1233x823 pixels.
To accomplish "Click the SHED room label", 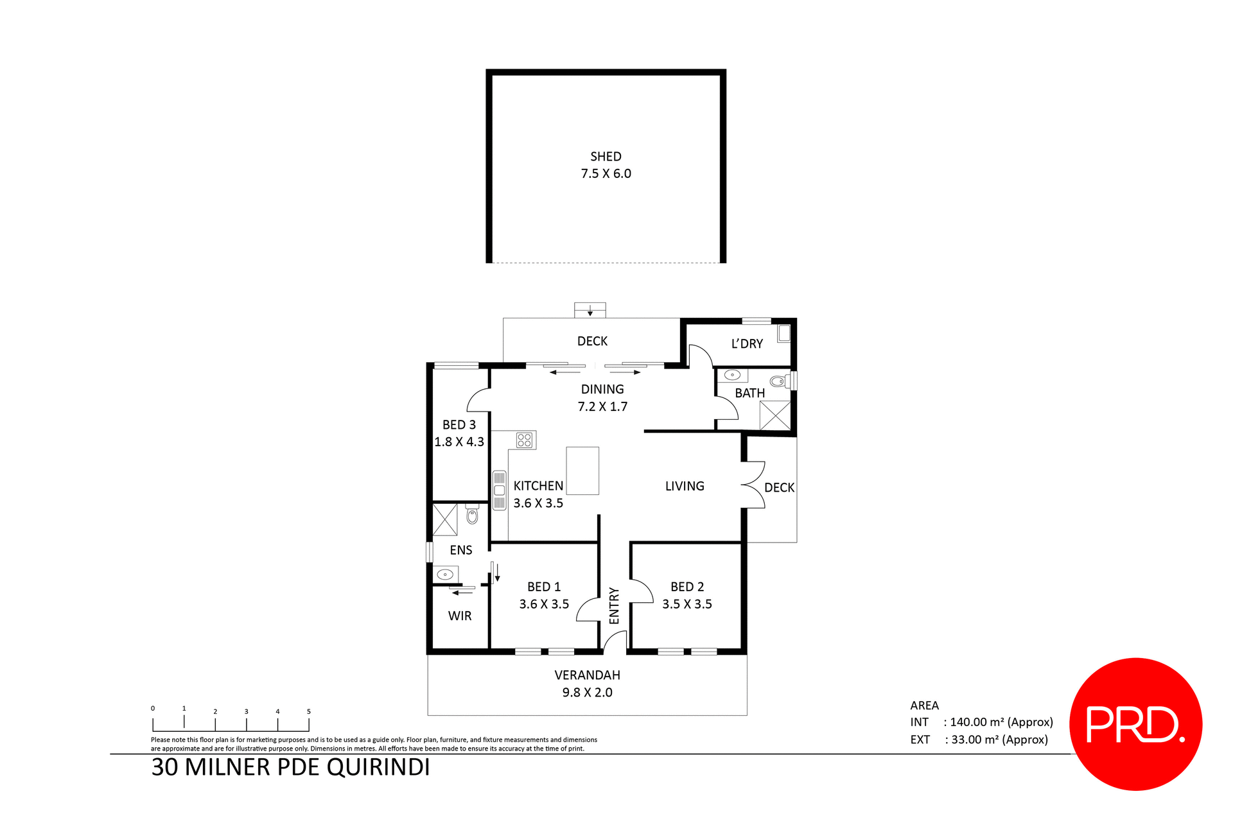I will point(606,157).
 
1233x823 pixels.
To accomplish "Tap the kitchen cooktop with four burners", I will point(525,440).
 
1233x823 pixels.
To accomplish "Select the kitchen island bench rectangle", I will point(582,471).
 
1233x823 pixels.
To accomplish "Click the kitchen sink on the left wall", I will point(499,490).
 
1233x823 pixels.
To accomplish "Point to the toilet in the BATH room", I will point(778,381).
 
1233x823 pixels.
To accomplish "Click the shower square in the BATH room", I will point(774,415).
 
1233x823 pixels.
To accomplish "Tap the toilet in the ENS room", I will point(472,515).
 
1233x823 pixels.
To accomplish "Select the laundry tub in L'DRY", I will point(783,333).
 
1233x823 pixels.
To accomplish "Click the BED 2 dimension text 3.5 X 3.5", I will point(686,604).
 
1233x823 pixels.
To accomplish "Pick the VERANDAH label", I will point(587,675).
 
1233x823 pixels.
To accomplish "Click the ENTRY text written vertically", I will point(614,605).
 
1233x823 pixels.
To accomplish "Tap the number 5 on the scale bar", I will point(308,711).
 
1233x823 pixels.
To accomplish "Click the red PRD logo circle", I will point(1135,724).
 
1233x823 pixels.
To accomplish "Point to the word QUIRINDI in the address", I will point(378,768).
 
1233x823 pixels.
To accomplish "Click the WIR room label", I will point(460,616).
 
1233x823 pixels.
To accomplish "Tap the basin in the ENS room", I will point(444,574).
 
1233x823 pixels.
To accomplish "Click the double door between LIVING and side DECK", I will point(753,485).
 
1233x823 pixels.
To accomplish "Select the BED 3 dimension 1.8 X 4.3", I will point(459,442).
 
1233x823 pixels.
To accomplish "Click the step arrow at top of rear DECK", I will point(590,311).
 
